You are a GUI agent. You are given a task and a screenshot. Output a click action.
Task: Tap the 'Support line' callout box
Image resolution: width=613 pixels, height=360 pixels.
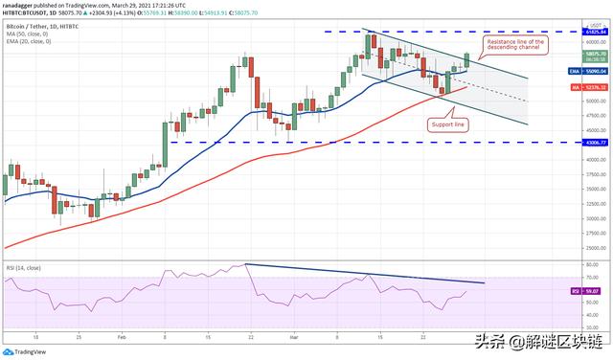pos(446,124)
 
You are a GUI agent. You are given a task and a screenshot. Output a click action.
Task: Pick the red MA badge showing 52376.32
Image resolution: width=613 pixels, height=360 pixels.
pos(574,87)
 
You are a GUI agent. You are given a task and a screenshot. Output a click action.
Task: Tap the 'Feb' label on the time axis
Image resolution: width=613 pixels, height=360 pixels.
pos(122,338)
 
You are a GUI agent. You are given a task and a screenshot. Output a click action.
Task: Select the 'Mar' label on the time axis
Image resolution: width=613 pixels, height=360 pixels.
pos(292,338)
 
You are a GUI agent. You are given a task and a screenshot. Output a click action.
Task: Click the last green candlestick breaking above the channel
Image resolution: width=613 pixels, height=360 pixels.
pos(467,60)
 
